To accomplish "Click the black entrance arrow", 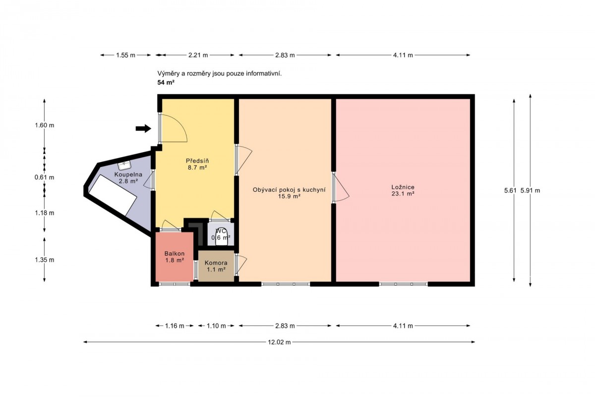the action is click(x=143, y=129).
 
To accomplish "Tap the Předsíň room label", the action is click(x=197, y=161).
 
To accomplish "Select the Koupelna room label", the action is click(x=128, y=174).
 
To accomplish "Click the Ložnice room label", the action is click(x=403, y=187).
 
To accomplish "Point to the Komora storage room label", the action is click(x=216, y=263).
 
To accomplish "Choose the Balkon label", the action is click(x=175, y=253).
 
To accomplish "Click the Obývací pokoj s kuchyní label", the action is click(x=289, y=190).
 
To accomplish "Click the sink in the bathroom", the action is click(x=124, y=166).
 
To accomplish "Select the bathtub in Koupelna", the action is click(x=113, y=195).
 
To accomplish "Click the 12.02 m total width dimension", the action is click(x=279, y=342).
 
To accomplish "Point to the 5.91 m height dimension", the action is click(x=530, y=190).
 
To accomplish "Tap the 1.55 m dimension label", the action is click(x=125, y=55).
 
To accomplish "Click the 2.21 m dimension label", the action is click(x=198, y=55).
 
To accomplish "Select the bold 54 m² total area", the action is click(x=166, y=83).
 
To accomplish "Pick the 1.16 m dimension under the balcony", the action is click(x=175, y=326).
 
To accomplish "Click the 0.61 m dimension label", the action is click(x=44, y=177).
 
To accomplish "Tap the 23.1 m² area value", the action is click(x=403, y=194).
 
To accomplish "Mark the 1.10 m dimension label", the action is click(x=216, y=326).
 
